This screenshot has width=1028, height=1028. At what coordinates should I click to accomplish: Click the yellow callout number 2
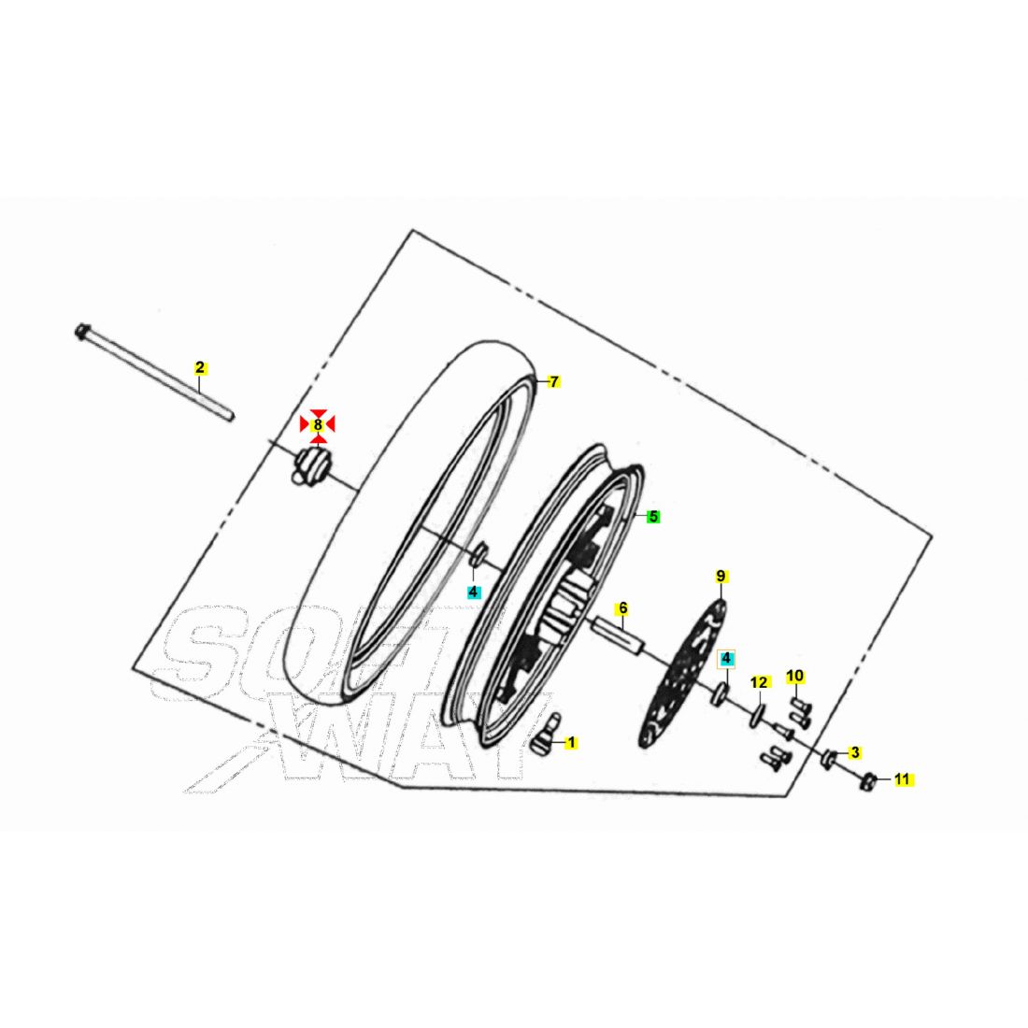[x=200, y=368]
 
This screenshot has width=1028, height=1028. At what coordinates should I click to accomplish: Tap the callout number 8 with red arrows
[x=318, y=425]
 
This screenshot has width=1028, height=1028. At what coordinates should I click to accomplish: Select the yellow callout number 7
[x=554, y=381]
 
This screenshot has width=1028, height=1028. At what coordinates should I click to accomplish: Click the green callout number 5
[x=653, y=517]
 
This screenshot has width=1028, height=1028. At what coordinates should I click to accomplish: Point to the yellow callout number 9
[x=721, y=577]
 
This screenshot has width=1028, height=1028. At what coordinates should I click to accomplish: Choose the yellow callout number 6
[x=622, y=608]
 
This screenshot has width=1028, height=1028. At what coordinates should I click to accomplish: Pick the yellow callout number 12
[x=759, y=682]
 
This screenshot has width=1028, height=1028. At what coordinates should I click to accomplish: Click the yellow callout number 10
[x=795, y=676]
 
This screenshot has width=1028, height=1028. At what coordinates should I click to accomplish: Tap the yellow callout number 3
[x=854, y=752]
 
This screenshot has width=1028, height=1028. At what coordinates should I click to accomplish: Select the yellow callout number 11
[x=903, y=779]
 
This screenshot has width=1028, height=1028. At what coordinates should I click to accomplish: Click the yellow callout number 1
[x=571, y=743]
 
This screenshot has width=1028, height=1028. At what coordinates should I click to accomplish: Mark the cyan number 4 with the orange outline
[x=726, y=658]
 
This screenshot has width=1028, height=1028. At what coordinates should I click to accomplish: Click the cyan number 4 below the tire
[x=474, y=592]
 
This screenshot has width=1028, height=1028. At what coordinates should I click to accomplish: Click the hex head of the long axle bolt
[x=81, y=331]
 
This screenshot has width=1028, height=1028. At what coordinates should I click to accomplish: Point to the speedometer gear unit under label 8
[x=311, y=465]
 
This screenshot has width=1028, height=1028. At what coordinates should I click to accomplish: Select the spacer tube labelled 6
[x=619, y=634]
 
